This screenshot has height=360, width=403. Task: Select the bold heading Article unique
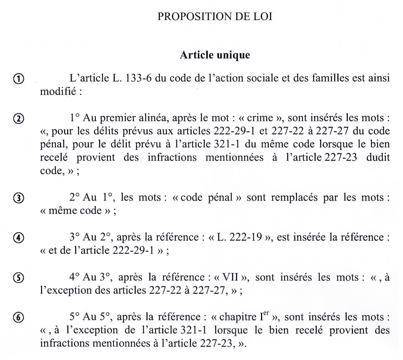214,56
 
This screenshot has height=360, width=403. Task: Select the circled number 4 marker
19,238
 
